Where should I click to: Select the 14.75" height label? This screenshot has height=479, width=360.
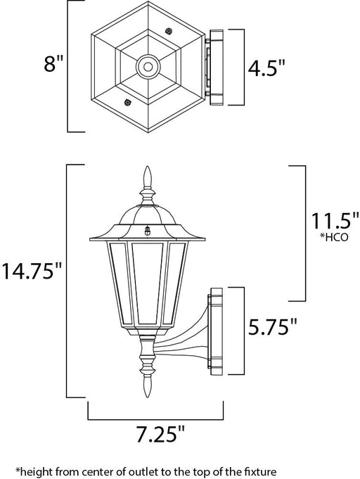pos(32,272)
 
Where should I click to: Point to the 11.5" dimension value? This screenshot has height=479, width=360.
pos(335,221)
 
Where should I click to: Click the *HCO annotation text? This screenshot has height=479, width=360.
pos(334,237)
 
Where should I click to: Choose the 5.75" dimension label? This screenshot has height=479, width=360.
pos(272,327)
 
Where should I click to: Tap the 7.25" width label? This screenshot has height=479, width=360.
pos(160,435)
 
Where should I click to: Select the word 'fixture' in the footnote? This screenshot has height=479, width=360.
pos(264,471)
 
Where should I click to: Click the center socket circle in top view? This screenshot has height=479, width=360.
pos(148,66)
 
